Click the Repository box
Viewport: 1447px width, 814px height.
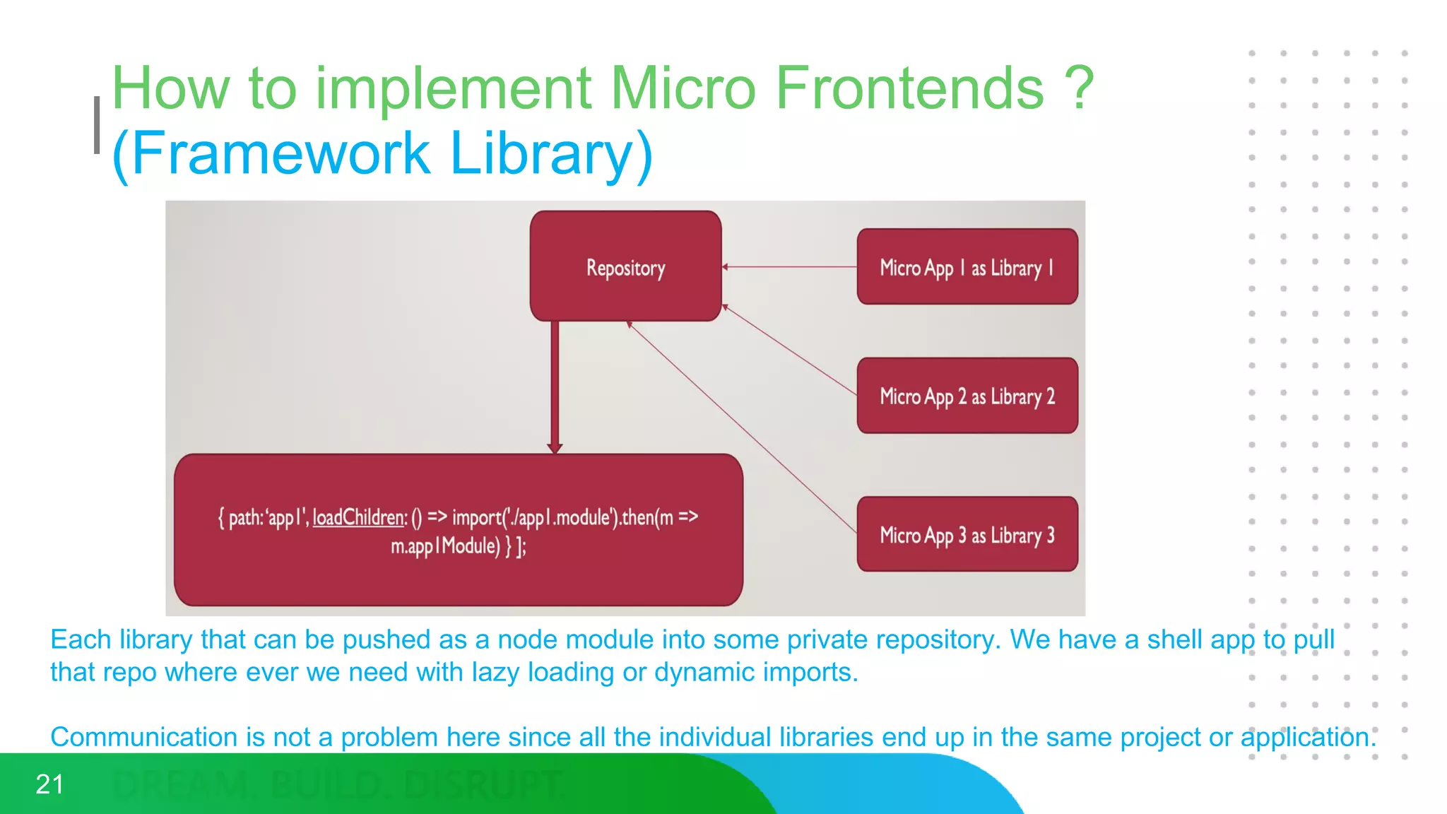pyautogui.click(x=625, y=266)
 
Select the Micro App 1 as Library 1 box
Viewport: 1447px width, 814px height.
pyautogui.click(x=967, y=267)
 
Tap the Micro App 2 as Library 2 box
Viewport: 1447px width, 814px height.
pyautogui.click(x=967, y=396)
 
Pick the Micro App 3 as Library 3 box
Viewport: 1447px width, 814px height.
pyautogui.click(x=967, y=534)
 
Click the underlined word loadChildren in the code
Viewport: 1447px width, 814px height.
pyautogui.click(x=359, y=517)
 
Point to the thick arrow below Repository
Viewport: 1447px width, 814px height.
pyautogui.click(x=555, y=385)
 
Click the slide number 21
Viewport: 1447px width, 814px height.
pyautogui.click(x=49, y=784)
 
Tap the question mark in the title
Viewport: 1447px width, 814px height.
pyautogui.click(x=1079, y=88)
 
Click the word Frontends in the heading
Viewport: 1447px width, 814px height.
pyautogui.click(x=909, y=88)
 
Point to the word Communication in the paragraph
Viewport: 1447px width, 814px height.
pyautogui.click(x=144, y=737)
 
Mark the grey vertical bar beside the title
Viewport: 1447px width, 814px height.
pyautogui.click(x=97, y=125)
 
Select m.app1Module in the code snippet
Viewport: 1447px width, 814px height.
pyautogui.click(x=445, y=545)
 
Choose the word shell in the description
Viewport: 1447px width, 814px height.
pyautogui.click(x=1175, y=639)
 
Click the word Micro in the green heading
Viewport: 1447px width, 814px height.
pyautogui.click(x=683, y=88)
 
